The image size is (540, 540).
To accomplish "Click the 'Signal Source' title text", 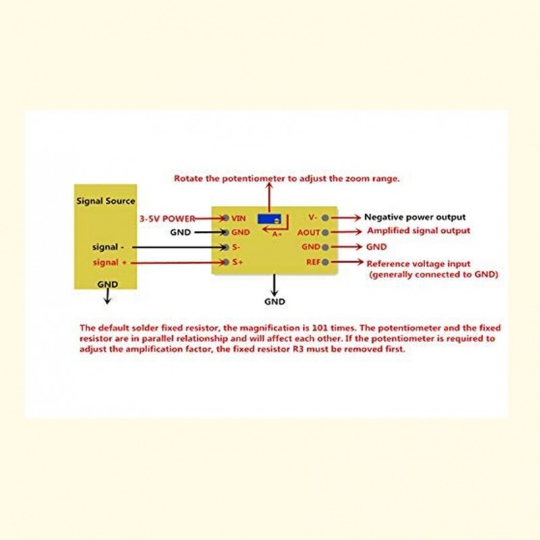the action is coord(106,201).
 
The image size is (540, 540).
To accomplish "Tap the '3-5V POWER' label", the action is coord(167,219).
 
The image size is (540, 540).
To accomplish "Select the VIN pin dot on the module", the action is coord(226,218).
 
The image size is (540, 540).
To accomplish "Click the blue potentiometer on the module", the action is coord(269,219).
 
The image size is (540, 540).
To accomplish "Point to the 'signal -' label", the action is coord(108,247).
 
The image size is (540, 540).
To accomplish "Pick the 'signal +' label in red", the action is coord(109,263).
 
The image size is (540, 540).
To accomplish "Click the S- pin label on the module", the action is coord(236,247).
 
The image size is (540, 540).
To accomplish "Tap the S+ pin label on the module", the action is coord(238,262).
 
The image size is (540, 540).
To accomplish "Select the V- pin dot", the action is coord(325,217).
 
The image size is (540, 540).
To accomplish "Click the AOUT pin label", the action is coord(308,232).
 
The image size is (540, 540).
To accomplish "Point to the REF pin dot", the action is coord(325,262).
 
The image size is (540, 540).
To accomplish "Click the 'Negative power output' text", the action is coord(415,217).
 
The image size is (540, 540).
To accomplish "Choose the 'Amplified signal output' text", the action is coord(418,231).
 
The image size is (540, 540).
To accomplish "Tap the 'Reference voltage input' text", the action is coord(418,264).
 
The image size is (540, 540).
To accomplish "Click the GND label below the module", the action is coord(275,302).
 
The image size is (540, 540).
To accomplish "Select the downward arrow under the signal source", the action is coord(108,296).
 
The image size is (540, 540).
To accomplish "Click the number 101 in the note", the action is coord(319,328).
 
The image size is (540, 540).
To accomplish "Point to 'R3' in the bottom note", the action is coord(298,349).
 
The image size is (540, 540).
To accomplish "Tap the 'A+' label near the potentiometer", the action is coord(277,234).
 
